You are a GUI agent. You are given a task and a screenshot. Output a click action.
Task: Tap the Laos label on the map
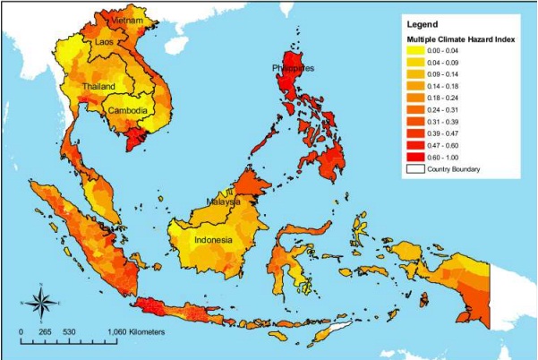pyautogui.click(x=104, y=41)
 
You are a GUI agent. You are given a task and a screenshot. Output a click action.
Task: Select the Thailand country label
pyautogui.click(x=98, y=86)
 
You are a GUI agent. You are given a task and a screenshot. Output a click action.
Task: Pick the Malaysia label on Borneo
pyautogui.click(x=223, y=202)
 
